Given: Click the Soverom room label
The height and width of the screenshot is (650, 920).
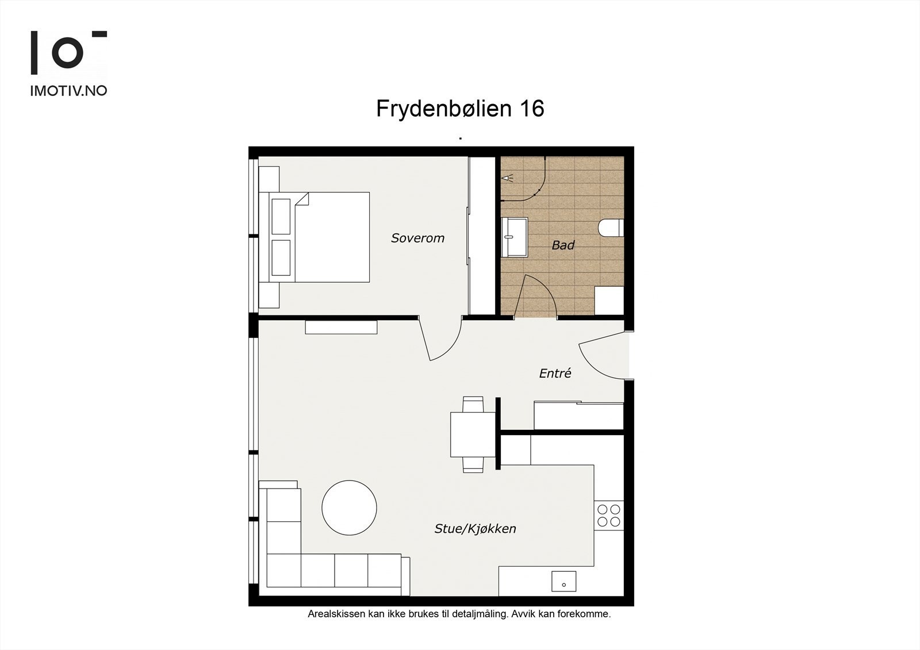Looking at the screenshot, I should pos(417,238).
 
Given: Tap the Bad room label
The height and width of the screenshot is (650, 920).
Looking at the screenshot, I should pos(563,245).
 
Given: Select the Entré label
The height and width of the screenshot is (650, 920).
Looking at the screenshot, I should pos(555,374).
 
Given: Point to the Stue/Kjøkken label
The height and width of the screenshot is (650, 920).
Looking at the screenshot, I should pos(475,529).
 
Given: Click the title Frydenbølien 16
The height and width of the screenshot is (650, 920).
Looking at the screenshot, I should pos(460,109).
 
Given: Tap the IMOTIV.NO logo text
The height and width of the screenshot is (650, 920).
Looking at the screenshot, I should pos(68,91).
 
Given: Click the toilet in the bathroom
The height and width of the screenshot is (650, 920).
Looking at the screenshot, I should pos(611,228).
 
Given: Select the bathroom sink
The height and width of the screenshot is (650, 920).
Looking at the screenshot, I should pos(514,237).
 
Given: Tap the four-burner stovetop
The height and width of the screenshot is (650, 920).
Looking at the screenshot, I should pos(609,515).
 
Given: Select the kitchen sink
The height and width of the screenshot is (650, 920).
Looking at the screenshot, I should pos(563,581).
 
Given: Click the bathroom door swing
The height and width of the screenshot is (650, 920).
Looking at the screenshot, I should pos(537,295).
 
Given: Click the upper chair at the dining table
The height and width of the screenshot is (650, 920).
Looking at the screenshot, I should pos(473,404).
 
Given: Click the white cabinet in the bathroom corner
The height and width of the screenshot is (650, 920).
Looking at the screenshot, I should pos(609,300).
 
